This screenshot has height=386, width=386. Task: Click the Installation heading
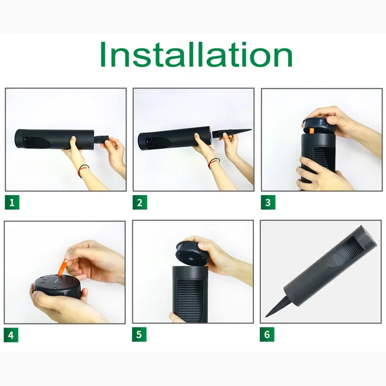(x=196, y=54)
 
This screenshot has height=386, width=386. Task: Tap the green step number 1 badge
(x=12, y=202)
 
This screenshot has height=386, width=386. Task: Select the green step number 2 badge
(x=140, y=202)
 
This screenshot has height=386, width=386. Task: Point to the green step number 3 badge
(x=268, y=202)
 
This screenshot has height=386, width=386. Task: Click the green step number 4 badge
(x=11, y=335)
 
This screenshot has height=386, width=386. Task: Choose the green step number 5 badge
(x=139, y=335)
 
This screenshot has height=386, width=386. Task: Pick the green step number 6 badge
(x=267, y=335)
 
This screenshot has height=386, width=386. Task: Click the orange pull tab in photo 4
(x=63, y=266)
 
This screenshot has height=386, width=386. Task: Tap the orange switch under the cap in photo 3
(x=312, y=131)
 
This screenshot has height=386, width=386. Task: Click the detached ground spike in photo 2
(x=232, y=133)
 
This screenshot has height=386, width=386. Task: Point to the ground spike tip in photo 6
(x=266, y=316)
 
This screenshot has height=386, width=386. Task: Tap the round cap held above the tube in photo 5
(x=191, y=253)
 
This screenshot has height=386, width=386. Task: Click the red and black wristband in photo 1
(x=83, y=169)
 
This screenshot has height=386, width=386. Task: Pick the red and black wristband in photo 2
(x=213, y=162)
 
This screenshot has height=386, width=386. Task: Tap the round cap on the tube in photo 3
(x=319, y=125)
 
